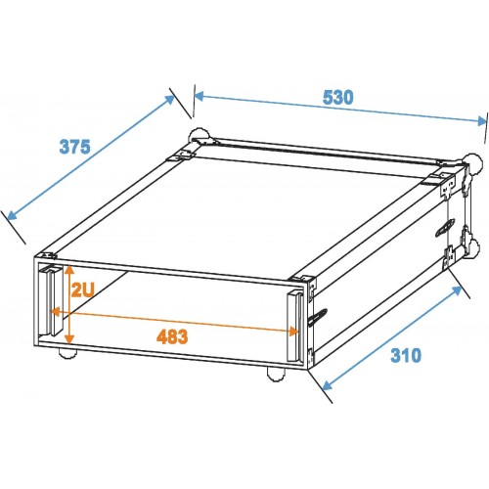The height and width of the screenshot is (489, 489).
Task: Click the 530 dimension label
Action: pyautogui.click(x=337, y=98)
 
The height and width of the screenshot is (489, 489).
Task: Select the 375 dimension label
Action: pyautogui.click(x=74, y=147)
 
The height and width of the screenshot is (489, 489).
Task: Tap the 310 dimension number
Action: pyautogui.click(x=406, y=355)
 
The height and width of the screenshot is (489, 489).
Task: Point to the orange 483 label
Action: pyautogui.click(x=172, y=336)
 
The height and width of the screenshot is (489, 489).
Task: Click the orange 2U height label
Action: pyautogui.click(x=83, y=289)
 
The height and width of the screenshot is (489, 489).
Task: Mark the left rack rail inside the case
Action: pyautogui.click(x=50, y=300)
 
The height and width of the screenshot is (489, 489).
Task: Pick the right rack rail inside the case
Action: pyautogui.click(x=295, y=327)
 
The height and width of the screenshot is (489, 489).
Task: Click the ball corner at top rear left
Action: pyautogui.click(x=199, y=135)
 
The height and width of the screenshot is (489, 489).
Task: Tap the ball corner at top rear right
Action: pyautogui.click(x=473, y=162)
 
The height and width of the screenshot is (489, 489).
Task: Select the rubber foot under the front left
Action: pyautogui.click(x=67, y=354)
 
